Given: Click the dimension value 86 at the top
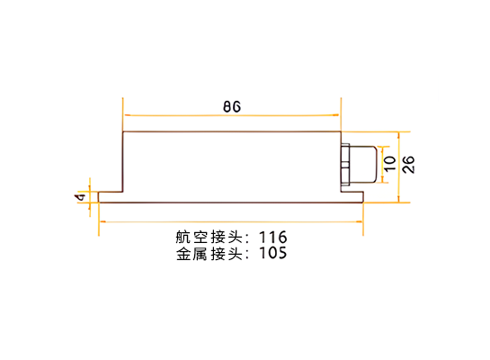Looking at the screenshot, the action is point(232,107).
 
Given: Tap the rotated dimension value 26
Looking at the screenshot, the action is point(408,164).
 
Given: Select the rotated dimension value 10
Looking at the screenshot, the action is point(389,164).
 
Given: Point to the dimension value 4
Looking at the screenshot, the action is point(80,197).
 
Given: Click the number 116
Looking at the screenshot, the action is point(272,237).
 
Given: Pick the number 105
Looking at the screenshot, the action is point(272,253).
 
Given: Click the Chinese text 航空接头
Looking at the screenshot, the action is point(209,237).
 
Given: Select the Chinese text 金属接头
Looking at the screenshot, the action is point(209,253).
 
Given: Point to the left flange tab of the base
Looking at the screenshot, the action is point(111,197).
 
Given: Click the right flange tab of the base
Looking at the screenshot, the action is point(352,197).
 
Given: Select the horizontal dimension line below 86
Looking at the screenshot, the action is point(232,115).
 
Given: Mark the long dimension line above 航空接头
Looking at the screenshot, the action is point(231,221).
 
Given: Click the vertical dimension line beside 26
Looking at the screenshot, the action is point(398,167).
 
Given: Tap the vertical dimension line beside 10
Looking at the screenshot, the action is point(382,164).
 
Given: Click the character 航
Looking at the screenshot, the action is point(183,237).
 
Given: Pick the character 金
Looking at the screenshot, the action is point(183,253).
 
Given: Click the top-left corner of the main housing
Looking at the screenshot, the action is point(123,132).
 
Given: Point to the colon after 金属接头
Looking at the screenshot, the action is point(247,255).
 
